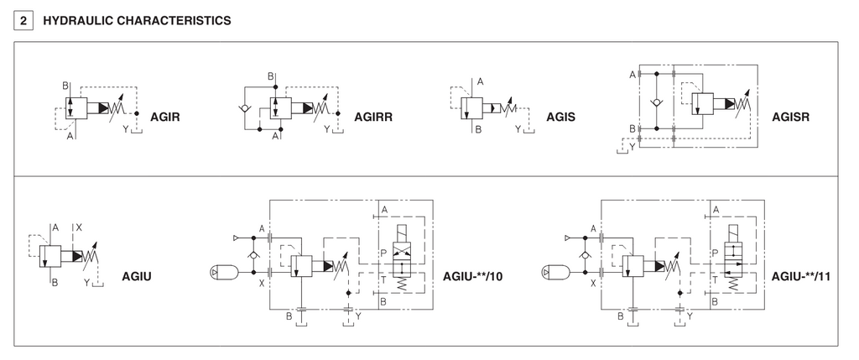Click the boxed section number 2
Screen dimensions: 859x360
pos(23,21)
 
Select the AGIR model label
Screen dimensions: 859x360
pos(165,117)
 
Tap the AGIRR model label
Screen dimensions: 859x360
pos(373,117)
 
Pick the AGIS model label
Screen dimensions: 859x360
pos(560,117)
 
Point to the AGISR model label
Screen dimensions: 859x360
pos(790,117)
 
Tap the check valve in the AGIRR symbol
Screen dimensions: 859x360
pos(244,108)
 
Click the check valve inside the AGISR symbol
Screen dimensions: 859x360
pos(656,102)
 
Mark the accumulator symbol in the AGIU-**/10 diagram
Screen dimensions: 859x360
pos(224,272)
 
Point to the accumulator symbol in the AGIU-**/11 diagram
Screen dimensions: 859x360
pos(555,272)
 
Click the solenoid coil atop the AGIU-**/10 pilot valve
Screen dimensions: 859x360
pos(403,233)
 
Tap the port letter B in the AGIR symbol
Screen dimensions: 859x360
pos(65,86)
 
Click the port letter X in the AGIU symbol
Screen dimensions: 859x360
pos(79,227)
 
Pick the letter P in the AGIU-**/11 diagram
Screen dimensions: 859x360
pos(715,253)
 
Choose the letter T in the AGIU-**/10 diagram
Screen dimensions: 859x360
pos(384,279)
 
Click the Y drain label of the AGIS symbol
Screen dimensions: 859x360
pos(518,129)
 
